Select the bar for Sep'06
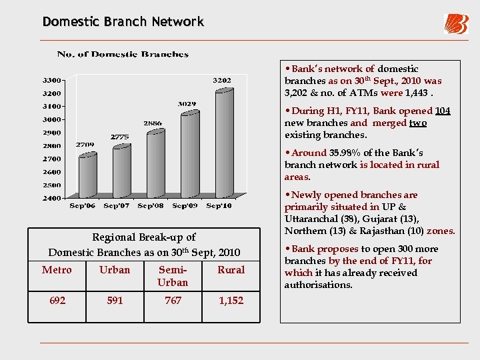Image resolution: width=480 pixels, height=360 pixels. point(87,175)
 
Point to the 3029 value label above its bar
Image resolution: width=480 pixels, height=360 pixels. point(187,104)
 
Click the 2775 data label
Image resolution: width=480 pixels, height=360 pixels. point(120,137)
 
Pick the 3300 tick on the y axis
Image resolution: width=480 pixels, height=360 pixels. point(53,80)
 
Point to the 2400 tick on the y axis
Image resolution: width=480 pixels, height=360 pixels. point(53,198)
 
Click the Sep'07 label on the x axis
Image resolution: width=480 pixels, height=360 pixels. point(117,206)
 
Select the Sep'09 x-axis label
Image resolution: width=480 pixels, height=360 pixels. point(185,206)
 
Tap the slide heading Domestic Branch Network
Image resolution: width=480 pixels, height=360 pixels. point(123,21)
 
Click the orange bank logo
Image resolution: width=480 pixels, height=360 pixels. point(456,24)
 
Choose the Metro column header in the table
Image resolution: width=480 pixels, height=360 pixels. point(57,270)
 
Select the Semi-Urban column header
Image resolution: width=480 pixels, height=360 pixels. point(173,276)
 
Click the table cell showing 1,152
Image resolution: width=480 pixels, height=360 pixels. point(231,301)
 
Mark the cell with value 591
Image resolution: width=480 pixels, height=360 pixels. point(115,301)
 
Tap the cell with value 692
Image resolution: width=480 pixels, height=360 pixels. point(57,301)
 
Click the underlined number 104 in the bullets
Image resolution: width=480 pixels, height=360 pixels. point(443,111)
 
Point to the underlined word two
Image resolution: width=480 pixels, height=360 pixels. point(418,123)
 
